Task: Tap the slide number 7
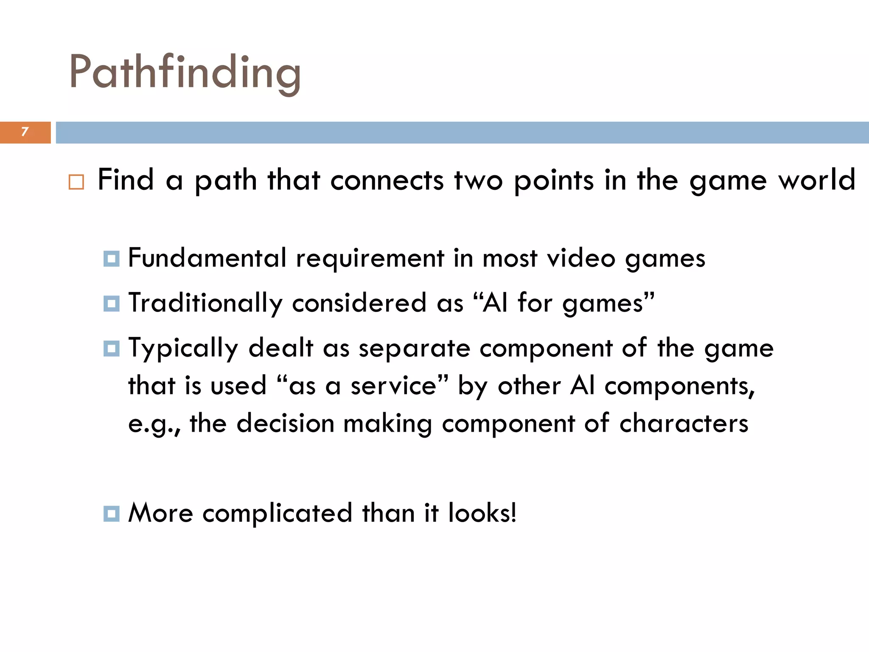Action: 25,132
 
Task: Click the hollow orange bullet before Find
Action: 76,182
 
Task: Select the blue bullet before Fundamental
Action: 111,259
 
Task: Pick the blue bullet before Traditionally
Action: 111,304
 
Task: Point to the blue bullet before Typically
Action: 111,348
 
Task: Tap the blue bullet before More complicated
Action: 111,514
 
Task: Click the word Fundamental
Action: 207,258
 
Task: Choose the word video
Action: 581,258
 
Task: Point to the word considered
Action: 359,303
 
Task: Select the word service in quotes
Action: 393,386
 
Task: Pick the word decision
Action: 285,424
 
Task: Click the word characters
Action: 684,424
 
